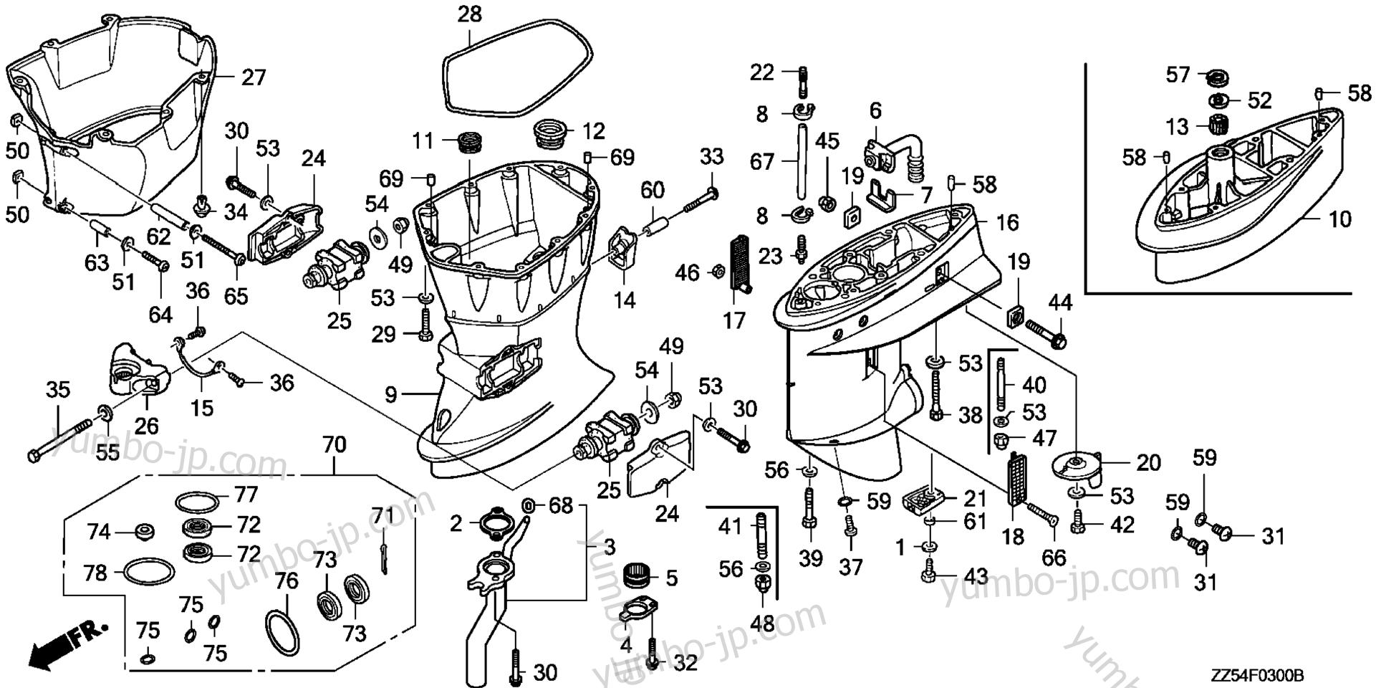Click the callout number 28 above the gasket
(x=470, y=14)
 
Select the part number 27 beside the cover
(x=253, y=77)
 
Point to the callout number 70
(x=334, y=446)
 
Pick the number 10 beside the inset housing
(x=1340, y=219)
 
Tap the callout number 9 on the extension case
(x=390, y=393)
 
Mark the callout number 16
(x=1007, y=222)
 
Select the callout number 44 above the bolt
(x=1060, y=302)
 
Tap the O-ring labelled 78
(x=148, y=573)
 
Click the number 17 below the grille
(x=734, y=320)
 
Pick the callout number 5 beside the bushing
(x=670, y=578)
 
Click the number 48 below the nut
(x=764, y=623)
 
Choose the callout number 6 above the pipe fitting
(x=875, y=110)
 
